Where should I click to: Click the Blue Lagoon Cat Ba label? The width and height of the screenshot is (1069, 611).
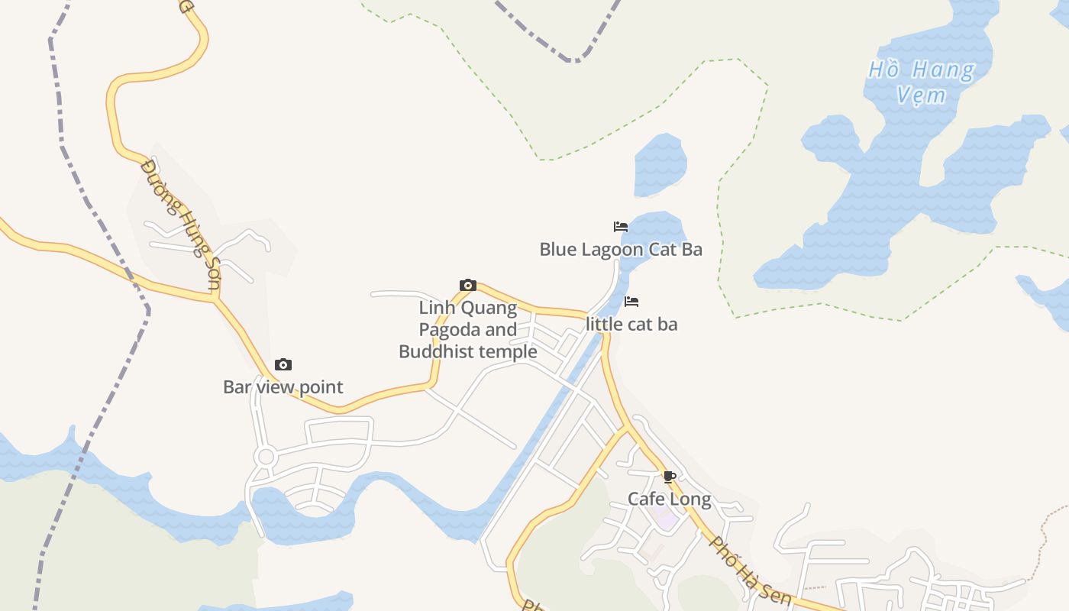click(x=621, y=250)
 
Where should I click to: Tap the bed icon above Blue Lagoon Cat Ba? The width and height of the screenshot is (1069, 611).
click(x=621, y=227)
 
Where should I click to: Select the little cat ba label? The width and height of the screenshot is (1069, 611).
click(x=631, y=324)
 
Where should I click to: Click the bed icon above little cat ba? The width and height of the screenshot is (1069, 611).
click(x=631, y=302)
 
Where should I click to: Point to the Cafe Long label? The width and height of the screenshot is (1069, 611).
click(x=669, y=499)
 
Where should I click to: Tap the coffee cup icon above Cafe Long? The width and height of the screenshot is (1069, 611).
click(x=670, y=477)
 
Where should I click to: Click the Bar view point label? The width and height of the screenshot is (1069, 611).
click(x=283, y=387)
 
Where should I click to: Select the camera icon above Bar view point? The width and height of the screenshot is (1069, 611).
click(x=283, y=365)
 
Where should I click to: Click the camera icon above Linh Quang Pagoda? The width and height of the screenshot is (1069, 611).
click(x=468, y=286)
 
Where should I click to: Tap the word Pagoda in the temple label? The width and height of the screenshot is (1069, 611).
click(x=452, y=330)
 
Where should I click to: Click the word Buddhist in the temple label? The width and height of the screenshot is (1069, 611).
click(x=434, y=352)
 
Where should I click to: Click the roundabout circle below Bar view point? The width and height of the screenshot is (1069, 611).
click(x=266, y=457)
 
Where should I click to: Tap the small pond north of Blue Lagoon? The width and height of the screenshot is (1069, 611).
click(x=660, y=164)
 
